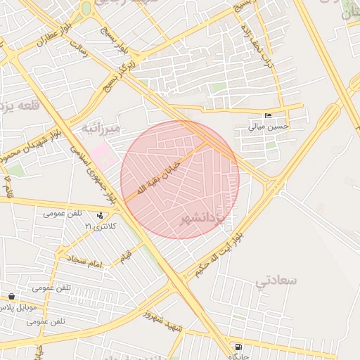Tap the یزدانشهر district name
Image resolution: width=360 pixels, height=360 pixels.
(x=204, y=219)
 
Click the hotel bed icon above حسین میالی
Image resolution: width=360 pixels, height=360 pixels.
(x=267, y=116)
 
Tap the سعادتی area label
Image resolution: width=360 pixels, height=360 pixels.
(x=276, y=281)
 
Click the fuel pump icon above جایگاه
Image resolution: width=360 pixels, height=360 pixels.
(x=239, y=347)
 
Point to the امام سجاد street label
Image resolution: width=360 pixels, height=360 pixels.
(x=86, y=261)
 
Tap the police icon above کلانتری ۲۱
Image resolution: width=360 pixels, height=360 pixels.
(x=101, y=215)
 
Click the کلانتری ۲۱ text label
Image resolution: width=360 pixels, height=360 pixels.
(x=98, y=226)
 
